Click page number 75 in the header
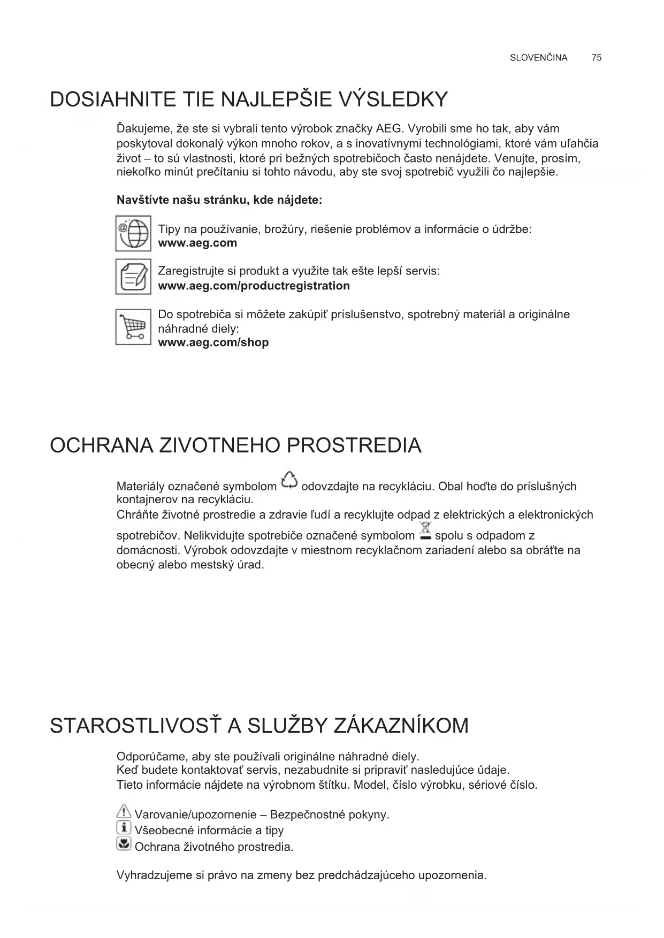point(597,58)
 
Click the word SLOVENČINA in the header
point(538,58)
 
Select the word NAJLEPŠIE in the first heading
point(277,100)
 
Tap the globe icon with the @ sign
point(133,233)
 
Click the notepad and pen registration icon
point(133,276)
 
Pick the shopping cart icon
point(133,327)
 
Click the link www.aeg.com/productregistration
point(254,286)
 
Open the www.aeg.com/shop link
point(213,342)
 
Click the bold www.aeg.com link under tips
point(197,243)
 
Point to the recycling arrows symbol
point(289,480)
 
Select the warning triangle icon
point(124,812)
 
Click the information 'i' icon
point(124,828)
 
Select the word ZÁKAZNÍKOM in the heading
point(401,726)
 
